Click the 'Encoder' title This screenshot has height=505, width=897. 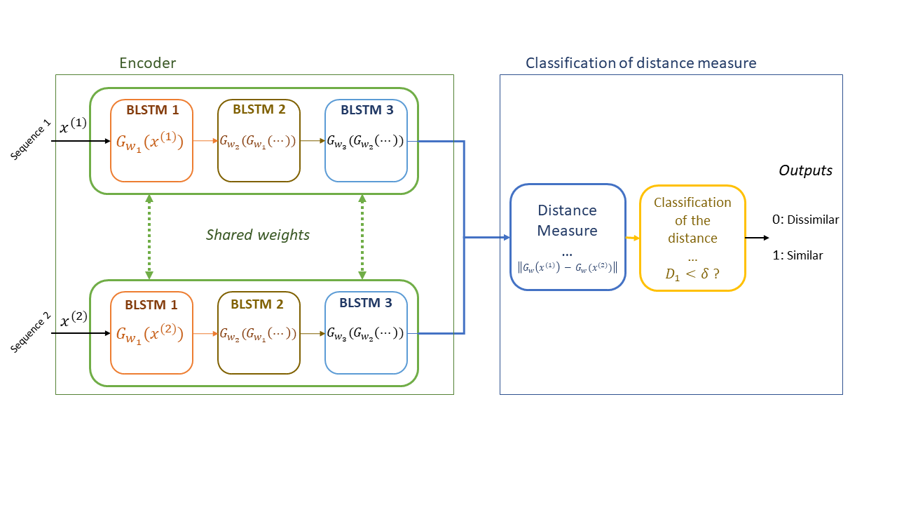pos(147,63)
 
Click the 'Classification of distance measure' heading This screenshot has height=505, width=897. pos(641,63)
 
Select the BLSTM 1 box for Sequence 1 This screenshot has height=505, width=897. pos(152,141)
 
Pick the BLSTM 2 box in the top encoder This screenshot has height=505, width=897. pos(259,141)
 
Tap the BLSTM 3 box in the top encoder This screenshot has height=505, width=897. pos(366,141)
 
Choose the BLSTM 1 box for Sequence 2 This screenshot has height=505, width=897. pos(152,333)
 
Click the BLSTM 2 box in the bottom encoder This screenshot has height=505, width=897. pos(259,333)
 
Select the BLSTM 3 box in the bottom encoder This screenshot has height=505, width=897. pos(366,333)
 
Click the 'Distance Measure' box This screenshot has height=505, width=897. pos(568,238)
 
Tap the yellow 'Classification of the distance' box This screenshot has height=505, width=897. pos(692,238)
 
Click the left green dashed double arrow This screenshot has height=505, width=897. pos(149,237)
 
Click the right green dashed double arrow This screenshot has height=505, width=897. pos(362,237)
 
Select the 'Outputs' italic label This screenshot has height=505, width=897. pos(805,170)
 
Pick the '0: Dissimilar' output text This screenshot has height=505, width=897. pos(805,220)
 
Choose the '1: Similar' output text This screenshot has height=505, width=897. pos(797,256)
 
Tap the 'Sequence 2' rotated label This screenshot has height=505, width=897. pos(30,333)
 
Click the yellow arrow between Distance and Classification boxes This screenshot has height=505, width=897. pos(632,238)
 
